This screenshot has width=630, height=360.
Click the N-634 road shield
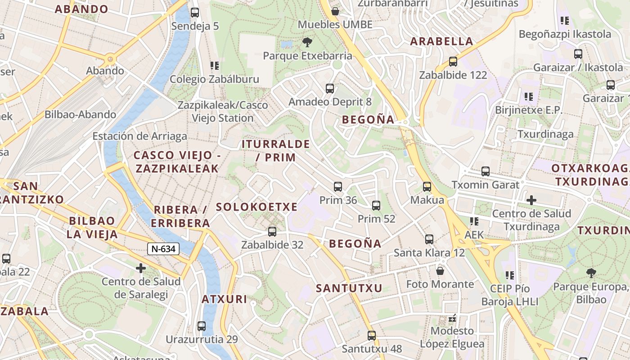click(163, 249)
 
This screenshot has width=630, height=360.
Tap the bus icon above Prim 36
click(337, 187)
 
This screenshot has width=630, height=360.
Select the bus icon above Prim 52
click(376, 206)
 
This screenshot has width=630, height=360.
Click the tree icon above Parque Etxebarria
click(307, 42)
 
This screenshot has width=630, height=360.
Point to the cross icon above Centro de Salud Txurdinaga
click(531, 200)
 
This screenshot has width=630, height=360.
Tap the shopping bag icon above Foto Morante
click(440, 271)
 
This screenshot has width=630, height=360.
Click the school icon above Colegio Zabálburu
click(214, 66)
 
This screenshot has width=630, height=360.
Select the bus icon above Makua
click(427, 186)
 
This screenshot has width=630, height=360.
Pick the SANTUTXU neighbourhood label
click(349, 288)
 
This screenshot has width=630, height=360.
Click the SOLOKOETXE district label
click(256, 207)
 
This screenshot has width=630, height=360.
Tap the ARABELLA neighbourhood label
click(441, 41)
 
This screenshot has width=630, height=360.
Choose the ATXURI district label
click(224, 299)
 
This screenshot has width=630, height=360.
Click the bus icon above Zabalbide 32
click(272, 232)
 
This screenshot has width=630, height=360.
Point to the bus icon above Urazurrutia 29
click(202, 326)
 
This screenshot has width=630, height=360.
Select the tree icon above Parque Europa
click(591, 273)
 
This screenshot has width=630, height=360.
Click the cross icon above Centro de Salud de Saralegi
click(141, 268)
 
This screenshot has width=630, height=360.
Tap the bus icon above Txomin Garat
click(485, 171)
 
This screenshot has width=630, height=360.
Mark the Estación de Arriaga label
click(139, 136)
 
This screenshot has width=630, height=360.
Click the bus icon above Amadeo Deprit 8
click(330, 88)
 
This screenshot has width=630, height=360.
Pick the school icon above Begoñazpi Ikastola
click(565, 21)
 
